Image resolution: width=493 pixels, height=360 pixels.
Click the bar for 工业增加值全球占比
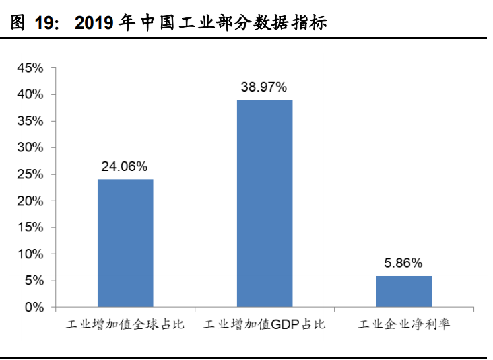pyautogui.click(x=125, y=243)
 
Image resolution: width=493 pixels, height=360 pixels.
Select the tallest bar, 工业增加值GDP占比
pyautogui.click(x=265, y=203)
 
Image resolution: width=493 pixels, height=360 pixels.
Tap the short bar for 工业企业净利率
pyautogui.click(x=403, y=291)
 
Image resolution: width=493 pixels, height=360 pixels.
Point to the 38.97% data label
pyautogui.click(x=265, y=87)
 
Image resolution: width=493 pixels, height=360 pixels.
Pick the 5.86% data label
pyautogui.click(x=403, y=262)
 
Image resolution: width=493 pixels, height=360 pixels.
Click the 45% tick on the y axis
pyautogui.click(x=31, y=68)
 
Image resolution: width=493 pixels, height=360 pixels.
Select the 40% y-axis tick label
pyautogui.click(x=31, y=95)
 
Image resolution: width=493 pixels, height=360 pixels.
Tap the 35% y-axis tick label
pyautogui.click(x=31, y=121)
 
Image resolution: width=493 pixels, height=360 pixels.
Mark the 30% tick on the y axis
pyautogui.click(x=31, y=148)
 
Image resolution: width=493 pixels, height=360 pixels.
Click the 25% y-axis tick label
pyautogui.click(x=31, y=174)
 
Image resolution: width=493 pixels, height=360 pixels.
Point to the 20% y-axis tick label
pyautogui.click(x=31, y=201)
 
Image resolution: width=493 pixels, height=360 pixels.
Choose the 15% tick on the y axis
pyautogui.click(x=31, y=227)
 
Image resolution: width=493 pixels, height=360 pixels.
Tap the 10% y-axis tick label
pyautogui.click(x=31, y=254)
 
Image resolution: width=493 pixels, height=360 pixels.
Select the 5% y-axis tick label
pyautogui.click(x=34, y=281)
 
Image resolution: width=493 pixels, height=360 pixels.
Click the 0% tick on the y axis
pyautogui.click(x=34, y=308)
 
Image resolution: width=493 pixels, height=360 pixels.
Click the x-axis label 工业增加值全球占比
pyautogui.click(x=125, y=325)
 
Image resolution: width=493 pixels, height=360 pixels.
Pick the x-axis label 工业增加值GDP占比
pyautogui.click(x=265, y=325)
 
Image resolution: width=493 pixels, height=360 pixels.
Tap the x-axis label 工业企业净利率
pyautogui.click(x=403, y=325)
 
